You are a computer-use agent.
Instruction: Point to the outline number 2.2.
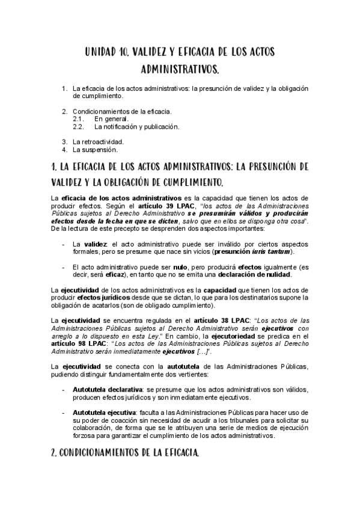point(78,126)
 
